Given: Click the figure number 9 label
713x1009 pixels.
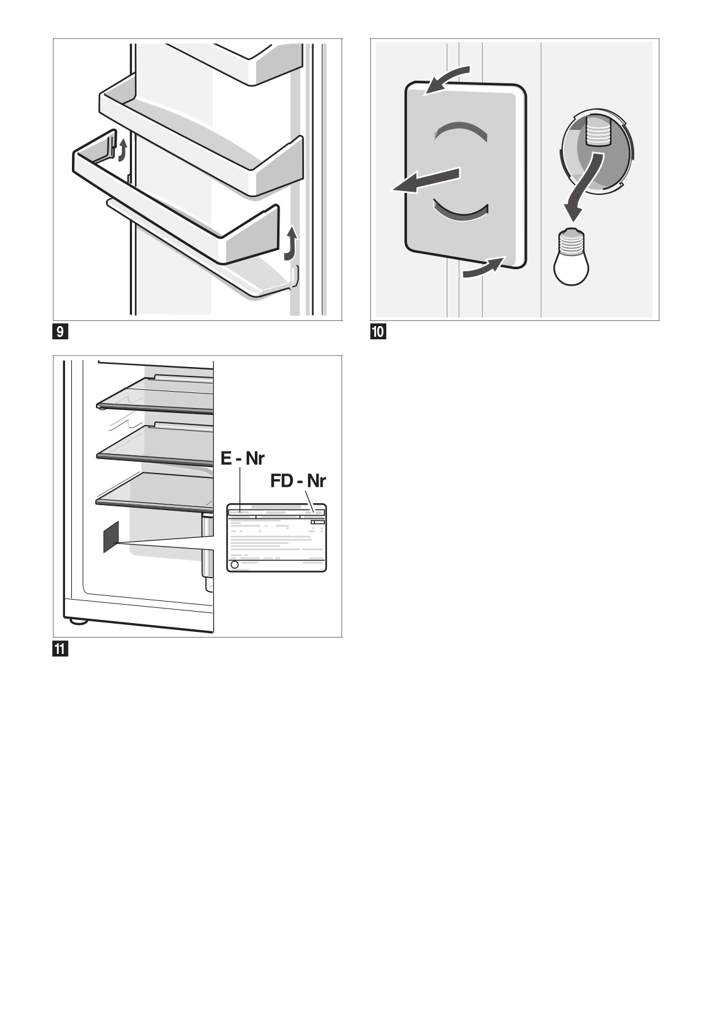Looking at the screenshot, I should [x=60, y=331].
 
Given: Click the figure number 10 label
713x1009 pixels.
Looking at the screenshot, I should [x=378, y=331].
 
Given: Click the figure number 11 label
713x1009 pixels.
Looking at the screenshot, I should [x=60, y=648].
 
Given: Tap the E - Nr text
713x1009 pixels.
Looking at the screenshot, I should [x=242, y=457].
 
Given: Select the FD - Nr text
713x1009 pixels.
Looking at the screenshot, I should [x=298, y=481].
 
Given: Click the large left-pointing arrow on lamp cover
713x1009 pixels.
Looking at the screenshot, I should [x=425, y=180].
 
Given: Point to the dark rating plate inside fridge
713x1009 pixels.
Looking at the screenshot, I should [x=110, y=537].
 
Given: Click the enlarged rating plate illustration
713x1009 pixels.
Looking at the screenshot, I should [x=276, y=537].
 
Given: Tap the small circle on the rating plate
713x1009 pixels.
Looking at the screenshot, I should [x=235, y=565].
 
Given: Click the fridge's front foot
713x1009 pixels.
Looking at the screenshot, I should [x=78, y=621].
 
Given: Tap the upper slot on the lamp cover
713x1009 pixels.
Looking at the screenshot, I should [x=461, y=130].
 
